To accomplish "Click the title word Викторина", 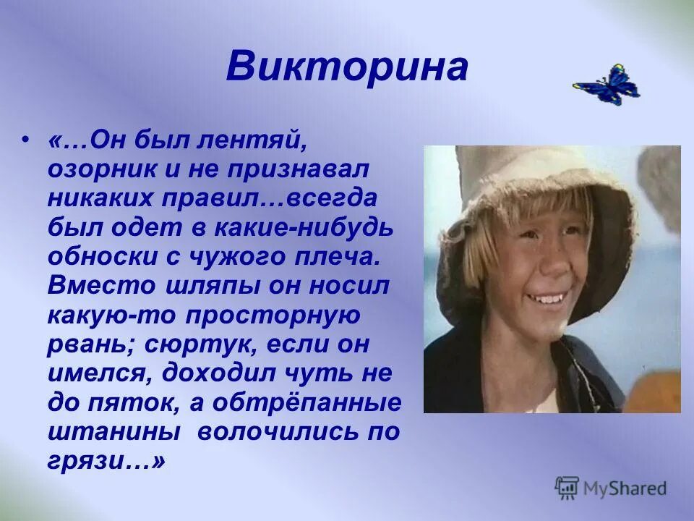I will pos(347,67).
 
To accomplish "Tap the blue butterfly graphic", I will pos(607,85).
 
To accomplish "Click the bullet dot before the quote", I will pos(27,139).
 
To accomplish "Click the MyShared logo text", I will pos(625,488).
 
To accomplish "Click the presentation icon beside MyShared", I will pos(567,488).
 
